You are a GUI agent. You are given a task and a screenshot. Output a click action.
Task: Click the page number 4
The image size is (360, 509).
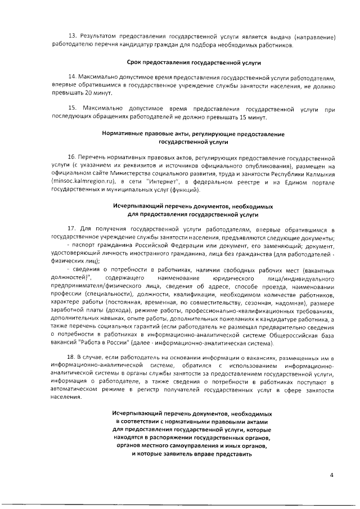[x=332, y=475]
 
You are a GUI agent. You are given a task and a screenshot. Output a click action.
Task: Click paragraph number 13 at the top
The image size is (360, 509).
[x=72, y=37]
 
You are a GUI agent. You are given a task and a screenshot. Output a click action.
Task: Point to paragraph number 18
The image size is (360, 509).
[x=72, y=358]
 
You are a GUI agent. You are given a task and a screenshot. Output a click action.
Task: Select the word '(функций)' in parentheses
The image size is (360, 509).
[x=184, y=190]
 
